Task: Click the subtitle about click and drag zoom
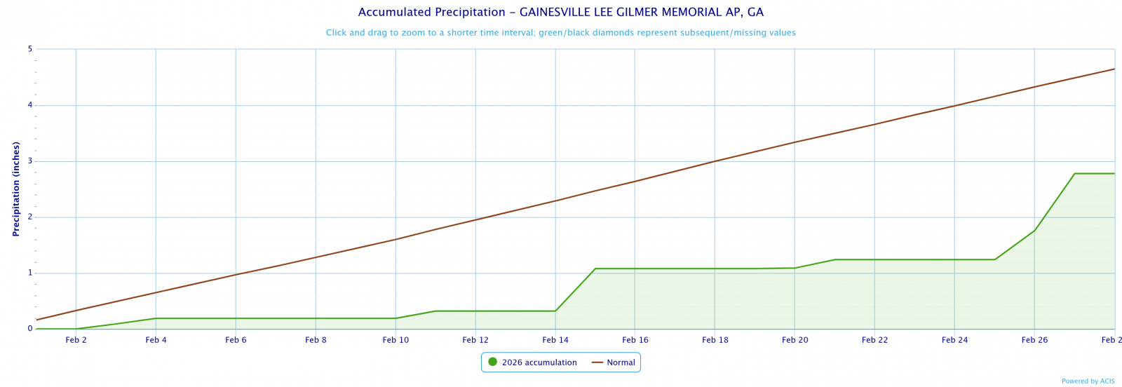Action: click(560, 33)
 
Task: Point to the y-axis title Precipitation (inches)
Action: click(16, 189)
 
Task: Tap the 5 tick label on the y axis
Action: click(30, 49)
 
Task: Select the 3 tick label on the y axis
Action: click(30, 161)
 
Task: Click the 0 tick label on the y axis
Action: click(30, 329)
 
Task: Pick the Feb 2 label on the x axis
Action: click(76, 340)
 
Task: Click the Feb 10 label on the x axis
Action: click(396, 340)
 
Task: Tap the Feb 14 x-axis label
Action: click(555, 340)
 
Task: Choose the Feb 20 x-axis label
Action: click(795, 340)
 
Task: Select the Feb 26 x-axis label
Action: click(1034, 340)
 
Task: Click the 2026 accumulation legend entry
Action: click(539, 362)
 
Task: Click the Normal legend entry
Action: click(621, 362)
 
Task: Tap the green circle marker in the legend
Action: click(492, 362)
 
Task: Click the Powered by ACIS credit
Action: click(1088, 381)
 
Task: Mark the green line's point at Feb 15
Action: click(595, 269)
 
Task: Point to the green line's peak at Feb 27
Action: click(1074, 173)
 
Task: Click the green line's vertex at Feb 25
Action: click(994, 259)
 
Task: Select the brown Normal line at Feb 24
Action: click(954, 106)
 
